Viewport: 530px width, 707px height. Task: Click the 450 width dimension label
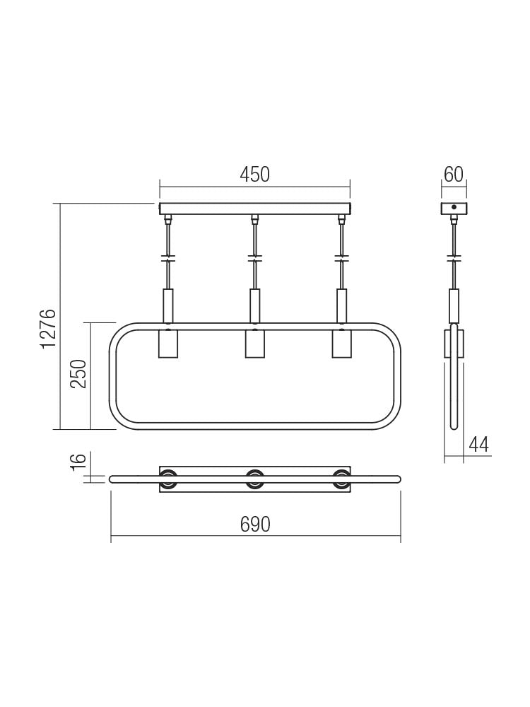[x=254, y=175]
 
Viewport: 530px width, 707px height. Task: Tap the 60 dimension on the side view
[x=454, y=175]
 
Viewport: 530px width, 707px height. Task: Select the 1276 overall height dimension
[x=47, y=328]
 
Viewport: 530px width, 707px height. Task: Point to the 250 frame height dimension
[x=78, y=373]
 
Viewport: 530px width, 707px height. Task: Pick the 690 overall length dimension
[x=255, y=525]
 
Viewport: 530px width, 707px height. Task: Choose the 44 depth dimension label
[x=478, y=445]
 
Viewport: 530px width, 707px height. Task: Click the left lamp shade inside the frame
[x=168, y=344]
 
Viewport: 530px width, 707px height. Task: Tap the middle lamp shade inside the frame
[x=254, y=344]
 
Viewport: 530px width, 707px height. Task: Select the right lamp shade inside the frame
[x=341, y=344]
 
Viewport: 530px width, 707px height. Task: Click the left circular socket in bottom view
[x=168, y=479]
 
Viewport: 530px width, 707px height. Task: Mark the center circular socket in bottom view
[x=254, y=479]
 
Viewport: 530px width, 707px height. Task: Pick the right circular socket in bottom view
[x=341, y=479]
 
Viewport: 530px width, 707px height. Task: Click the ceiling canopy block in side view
[x=454, y=209]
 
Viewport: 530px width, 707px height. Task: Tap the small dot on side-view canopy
[x=454, y=209]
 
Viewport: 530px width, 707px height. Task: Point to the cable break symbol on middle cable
[x=254, y=258]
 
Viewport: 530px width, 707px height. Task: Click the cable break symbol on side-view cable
[x=454, y=258]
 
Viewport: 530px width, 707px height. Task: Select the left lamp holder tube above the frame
[x=168, y=305]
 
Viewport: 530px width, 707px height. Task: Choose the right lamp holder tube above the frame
[x=341, y=305]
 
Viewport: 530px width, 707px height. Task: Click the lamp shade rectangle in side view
[x=454, y=344]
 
